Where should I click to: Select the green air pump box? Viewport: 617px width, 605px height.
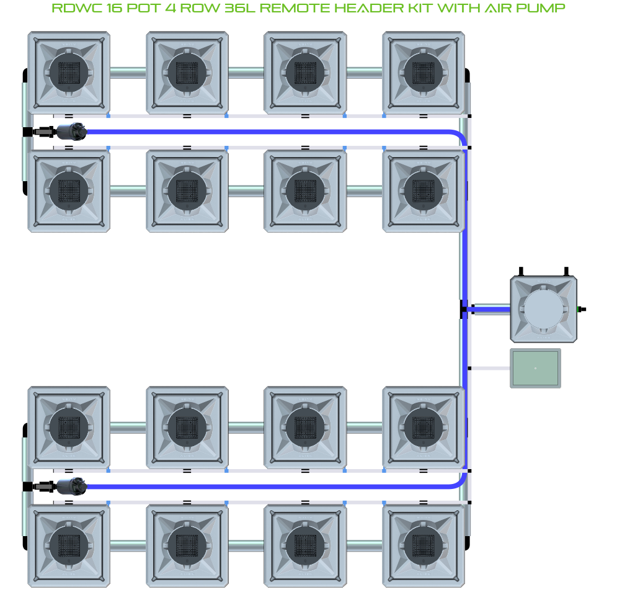(535, 369)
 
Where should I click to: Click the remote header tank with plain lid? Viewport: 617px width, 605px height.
(543, 309)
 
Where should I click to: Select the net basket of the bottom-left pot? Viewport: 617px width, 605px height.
(69, 544)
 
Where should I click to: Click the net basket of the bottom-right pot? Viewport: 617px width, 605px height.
(424, 544)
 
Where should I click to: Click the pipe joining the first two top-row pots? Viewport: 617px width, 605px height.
(128, 72)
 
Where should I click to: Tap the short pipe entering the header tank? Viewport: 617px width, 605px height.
(492, 309)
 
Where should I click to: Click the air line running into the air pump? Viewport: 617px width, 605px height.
(490, 369)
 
